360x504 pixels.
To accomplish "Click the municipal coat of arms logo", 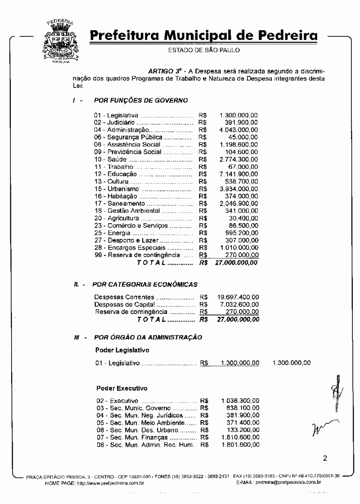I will pyautogui.click(x=59, y=40).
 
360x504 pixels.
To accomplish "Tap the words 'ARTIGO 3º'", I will pyautogui.click(x=163, y=71).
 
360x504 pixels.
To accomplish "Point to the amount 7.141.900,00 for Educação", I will pyautogui.click(x=239, y=174).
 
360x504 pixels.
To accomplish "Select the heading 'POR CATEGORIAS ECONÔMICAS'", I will pyautogui.click(x=144, y=284).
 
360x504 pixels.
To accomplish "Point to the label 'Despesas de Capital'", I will pyautogui.click(x=121, y=305).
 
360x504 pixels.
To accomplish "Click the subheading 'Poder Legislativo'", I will pyautogui.click(x=122, y=350).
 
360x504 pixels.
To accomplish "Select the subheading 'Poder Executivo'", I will pyautogui.click(x=121, y=387).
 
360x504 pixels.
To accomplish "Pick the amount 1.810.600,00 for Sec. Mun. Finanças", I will pyautogui.click(x=240, y=437).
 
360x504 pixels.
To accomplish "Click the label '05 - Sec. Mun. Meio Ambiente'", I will pyautogui.click(x=139, y=423).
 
